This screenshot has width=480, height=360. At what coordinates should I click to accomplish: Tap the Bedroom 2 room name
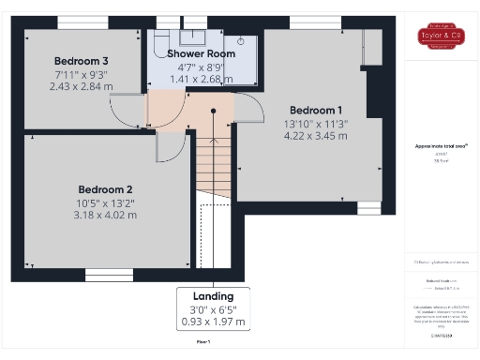(x=105, y=188)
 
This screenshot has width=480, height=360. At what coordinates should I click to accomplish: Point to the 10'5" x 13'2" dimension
(x=106, y=202)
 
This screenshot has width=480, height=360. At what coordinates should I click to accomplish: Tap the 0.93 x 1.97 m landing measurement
(x=213, y=322)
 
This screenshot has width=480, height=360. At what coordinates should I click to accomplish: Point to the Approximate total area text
(x=441, y=146)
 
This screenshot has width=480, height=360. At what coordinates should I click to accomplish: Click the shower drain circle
(x=241, y=41)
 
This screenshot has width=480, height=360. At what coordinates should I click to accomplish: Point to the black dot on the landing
(x=213, y=112)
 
